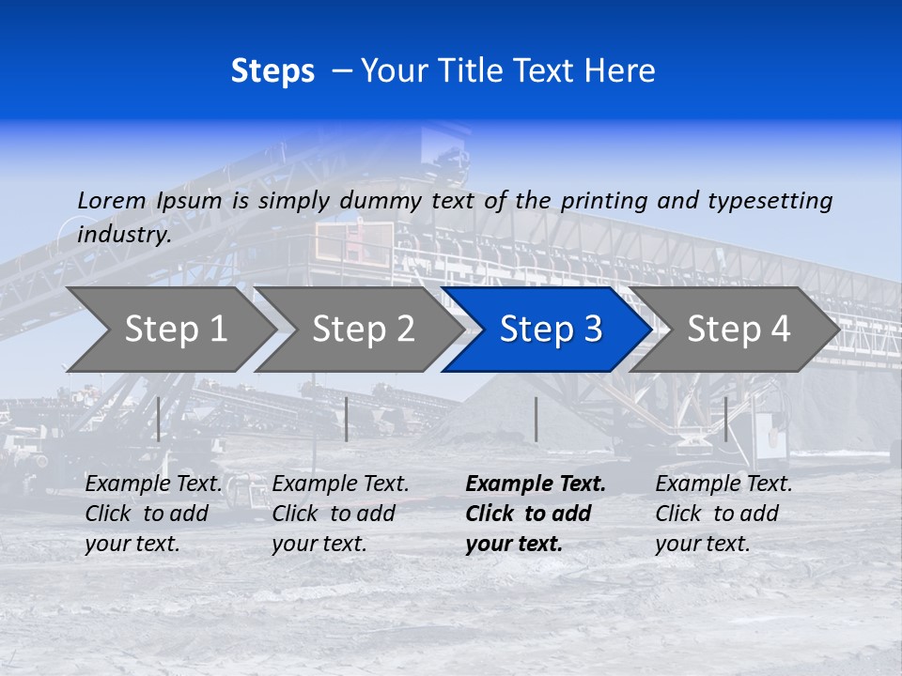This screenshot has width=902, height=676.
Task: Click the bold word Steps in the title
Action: (x=272, y=71)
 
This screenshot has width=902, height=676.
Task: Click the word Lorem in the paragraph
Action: (x=112, y=200)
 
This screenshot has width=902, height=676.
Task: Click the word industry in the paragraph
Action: (x=124, y=234)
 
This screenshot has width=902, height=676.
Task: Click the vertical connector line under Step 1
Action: (x=159, y=419)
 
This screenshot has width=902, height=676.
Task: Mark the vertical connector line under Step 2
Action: (x=347, y=419)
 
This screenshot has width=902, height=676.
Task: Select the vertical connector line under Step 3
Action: (x=536, y=419)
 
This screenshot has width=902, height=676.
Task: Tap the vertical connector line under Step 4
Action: (x=725, y=419)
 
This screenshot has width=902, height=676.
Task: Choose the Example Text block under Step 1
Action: (x=153, y=514)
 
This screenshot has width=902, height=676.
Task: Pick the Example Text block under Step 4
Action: (x=723, y=514)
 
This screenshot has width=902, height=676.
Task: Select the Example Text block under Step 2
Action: (x=340, y=514)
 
